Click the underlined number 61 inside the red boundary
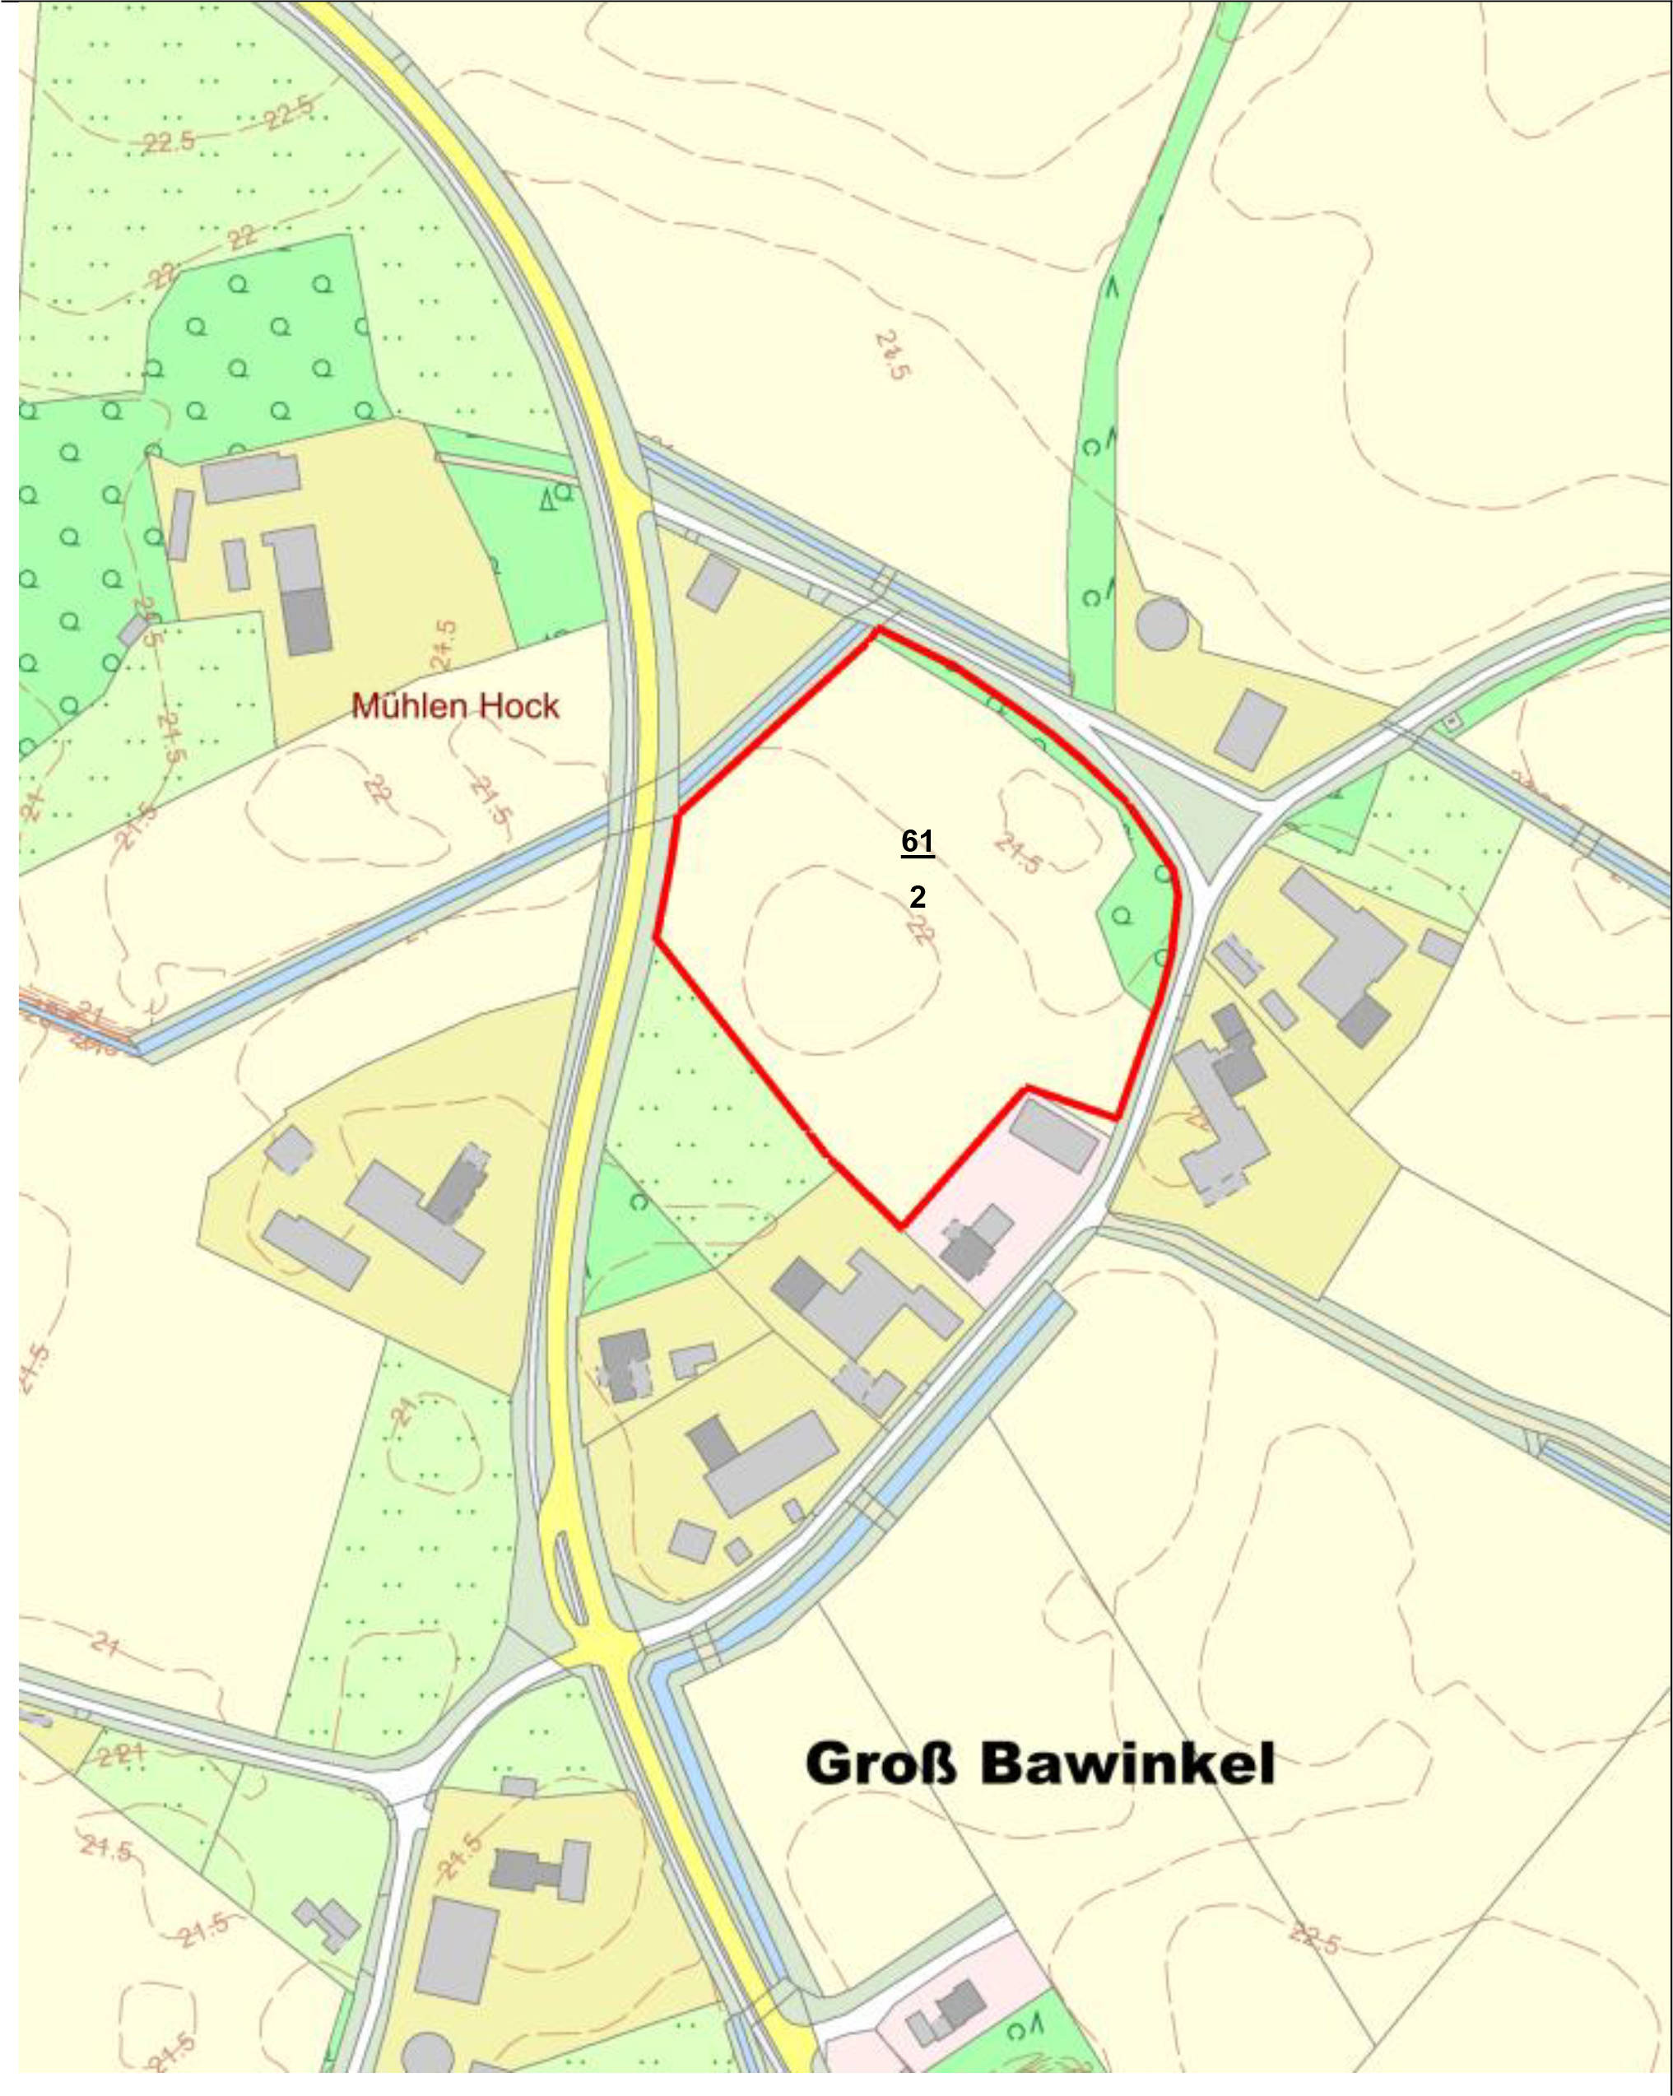tap(917, 841)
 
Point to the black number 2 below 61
tap(917, 896)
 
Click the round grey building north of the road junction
tap(1162, 623)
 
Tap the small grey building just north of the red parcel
tap(713, 583)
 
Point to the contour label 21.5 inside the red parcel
tap(1017, 853)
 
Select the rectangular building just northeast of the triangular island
tap(1251, 729)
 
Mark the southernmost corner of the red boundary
tap(901, 1227)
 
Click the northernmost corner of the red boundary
tap(879, 629)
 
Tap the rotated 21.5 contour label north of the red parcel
tap(891, 356)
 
